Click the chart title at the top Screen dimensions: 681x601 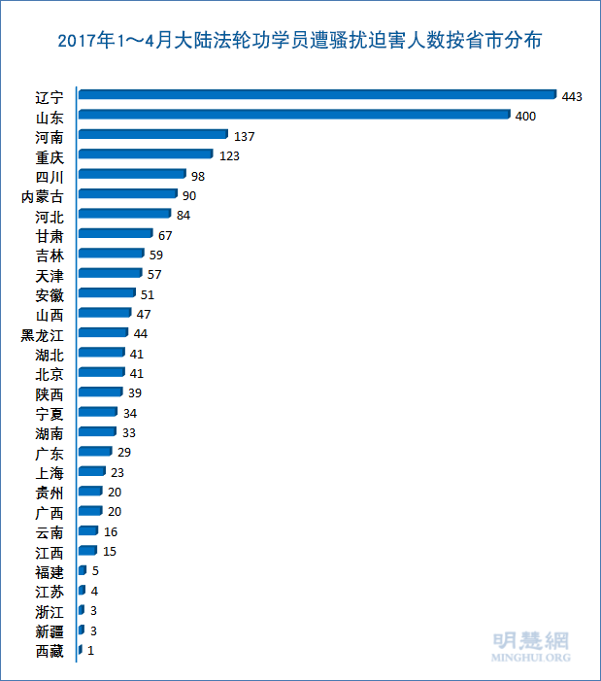pos(300,41)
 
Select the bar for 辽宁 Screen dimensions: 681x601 pos(317,95)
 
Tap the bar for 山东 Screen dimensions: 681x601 pos(294,115)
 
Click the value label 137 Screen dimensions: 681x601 pos(244,135)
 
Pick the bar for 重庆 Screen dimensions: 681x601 pos(146,154)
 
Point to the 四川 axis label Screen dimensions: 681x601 pos(50,176)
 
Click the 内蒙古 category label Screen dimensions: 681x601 pos(43,195)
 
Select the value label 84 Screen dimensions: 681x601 pos(184,215)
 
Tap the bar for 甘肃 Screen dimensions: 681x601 pos(116,234)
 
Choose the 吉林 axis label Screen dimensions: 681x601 pos(50,255)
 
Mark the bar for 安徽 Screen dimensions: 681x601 pos(107,293)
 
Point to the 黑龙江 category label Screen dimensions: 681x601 pos(43,334)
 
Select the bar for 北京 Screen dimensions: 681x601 pos(102,373)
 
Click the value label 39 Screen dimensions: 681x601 pos(136,392)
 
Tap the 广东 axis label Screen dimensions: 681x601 pos(50,453)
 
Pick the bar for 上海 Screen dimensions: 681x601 pos(92,472)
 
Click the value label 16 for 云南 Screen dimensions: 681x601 pos(111,531)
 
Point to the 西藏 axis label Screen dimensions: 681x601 pos(50,651)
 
